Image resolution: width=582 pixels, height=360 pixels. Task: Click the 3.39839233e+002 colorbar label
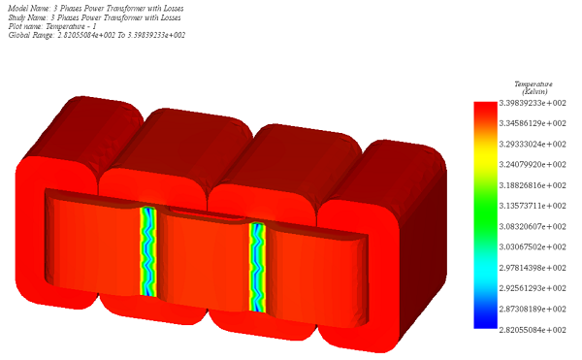(533, 103)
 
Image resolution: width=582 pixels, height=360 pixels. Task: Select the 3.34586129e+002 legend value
(533, 123)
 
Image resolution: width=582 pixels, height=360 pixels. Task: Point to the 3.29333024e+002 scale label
(533, 144)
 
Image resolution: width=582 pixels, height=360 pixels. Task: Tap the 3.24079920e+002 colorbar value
(533, 164)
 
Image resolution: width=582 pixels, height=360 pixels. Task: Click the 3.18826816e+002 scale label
(533, 185)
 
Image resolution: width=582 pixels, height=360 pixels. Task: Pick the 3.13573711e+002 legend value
(533, 206)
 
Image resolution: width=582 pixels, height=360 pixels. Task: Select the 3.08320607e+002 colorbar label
(533, 226)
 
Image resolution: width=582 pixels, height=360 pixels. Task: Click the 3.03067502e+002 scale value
(533, 246)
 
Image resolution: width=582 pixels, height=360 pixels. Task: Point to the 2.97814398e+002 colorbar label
(533, 268)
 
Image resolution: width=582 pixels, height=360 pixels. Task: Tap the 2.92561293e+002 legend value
(533, 288)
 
